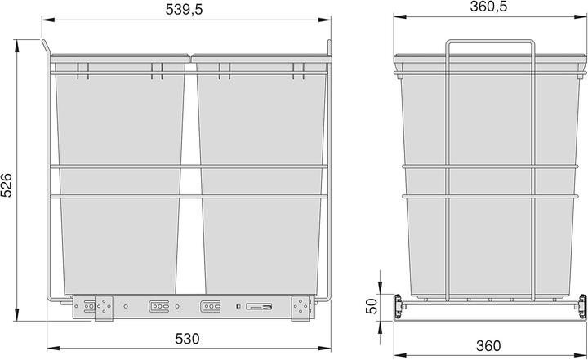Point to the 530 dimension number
187,338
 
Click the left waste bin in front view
119,180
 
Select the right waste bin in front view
256,180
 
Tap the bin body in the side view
487,180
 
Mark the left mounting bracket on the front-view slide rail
103,308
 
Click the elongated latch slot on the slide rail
257,308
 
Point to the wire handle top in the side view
488,39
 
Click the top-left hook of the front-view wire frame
46,45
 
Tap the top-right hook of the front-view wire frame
328,45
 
